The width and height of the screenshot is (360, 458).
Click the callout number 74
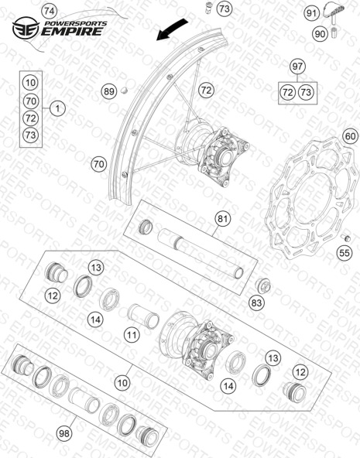(x=49, y=12)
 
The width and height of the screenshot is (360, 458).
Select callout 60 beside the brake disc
(x=350, y=136)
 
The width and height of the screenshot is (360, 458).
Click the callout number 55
(x=345, y=253)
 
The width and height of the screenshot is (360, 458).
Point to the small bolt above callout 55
(x=346, y=238)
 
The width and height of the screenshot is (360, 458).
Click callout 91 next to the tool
(x=311, y=13)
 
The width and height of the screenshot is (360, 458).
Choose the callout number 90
(x=320, y=34)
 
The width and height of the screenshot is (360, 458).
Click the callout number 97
(x=297, y=67)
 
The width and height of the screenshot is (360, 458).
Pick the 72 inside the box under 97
(x=288, y=93)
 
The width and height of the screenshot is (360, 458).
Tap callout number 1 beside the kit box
(x=57, y=108)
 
